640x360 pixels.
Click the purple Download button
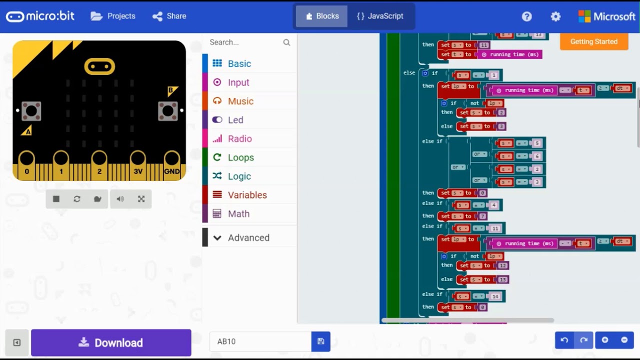111,342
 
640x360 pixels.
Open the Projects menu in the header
113,16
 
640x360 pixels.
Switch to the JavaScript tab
380,16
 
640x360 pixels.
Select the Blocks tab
322,16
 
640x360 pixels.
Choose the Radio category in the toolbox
239,138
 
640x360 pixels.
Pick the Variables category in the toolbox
247,195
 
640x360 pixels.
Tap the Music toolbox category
240,101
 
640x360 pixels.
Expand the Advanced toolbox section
248,237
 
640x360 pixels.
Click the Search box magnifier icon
286,42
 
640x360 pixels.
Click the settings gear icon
555,16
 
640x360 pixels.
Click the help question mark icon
526,16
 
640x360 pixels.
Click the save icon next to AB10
321,341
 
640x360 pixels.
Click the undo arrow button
564,340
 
